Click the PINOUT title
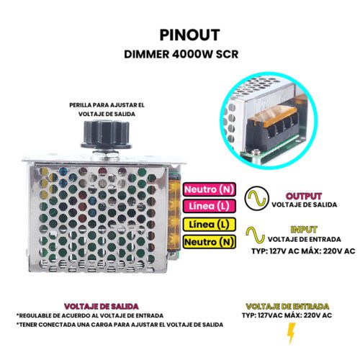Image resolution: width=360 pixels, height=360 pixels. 189,35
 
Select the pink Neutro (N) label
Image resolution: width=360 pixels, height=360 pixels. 210,189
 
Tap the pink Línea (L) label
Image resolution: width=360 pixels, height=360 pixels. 210,206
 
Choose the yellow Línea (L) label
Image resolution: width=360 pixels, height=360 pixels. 210,225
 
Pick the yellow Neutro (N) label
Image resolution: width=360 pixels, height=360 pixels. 210,242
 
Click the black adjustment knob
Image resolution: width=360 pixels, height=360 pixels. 107,135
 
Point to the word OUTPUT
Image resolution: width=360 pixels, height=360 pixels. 304,197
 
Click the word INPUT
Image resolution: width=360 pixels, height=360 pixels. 304,230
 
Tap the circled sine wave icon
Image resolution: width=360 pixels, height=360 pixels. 257,199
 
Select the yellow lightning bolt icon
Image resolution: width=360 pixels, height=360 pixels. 291,333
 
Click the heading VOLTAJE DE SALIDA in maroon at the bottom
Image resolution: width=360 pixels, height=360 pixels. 102,307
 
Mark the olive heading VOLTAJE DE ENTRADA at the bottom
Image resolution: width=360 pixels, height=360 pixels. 287,307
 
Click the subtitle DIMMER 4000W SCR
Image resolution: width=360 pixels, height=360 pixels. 181,55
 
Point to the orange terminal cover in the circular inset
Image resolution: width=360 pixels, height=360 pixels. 275,114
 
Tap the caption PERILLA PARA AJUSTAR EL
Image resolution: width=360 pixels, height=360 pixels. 107,105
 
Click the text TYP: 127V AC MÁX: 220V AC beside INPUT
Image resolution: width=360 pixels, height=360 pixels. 303,251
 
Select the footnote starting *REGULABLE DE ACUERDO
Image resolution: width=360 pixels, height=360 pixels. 90,315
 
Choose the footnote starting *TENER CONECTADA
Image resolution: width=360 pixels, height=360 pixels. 120,325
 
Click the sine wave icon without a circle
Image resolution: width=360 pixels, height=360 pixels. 256,235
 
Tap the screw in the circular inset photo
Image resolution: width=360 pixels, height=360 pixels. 256,152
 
